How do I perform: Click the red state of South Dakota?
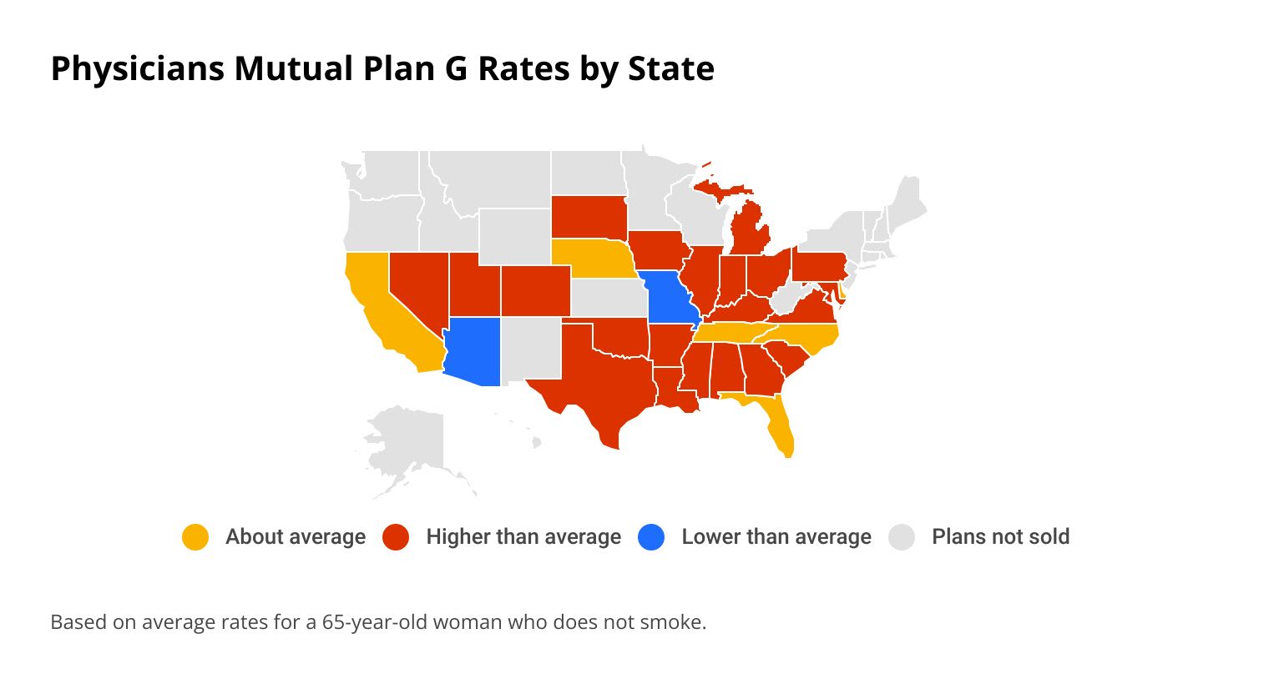(x=589, y=217)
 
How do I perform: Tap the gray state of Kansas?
(x=607, y=298)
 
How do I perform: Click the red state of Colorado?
(x=535, y=290)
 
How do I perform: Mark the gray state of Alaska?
(x=407, y=442)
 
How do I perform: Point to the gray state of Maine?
(x=906, y=200)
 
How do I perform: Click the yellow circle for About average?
(x=195, y=537)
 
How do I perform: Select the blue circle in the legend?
(x=651, y=537)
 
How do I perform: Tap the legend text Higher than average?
(x=523, y=537)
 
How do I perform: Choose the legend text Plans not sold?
(x=1000, y=537)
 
